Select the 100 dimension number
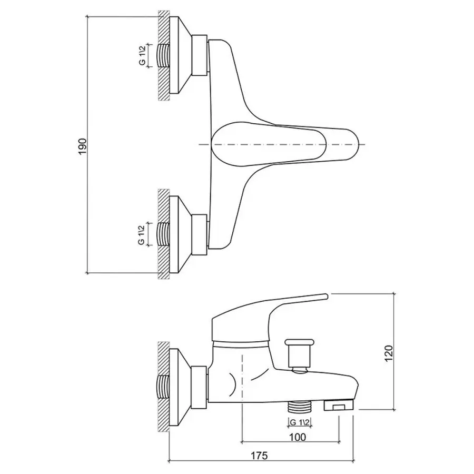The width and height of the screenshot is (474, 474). pyautogui.click(x=298, y=436)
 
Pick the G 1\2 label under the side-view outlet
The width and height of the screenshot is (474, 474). pyautogui.click(x=300, y=421)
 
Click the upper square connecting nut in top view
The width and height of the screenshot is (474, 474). pyautogui.click(x=200, y=55)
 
